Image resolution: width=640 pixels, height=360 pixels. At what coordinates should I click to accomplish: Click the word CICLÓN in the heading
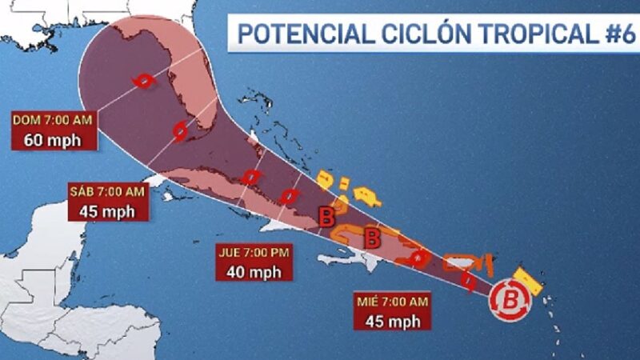pyautogui.click(x=400, y=34)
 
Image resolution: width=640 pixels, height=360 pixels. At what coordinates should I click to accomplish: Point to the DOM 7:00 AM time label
pyautogui.click(x=53, y=119)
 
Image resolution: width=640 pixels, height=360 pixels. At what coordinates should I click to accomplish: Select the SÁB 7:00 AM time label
pyautogui.click(x=107, y=191)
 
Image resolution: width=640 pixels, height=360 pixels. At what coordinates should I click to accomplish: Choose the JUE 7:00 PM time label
pyautogui.click(x=254, y=252)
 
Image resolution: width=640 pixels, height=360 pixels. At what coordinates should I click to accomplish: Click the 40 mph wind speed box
pyautogui.click(x=254, y=271)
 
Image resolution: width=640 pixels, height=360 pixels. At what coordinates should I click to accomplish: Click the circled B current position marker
pyautogui.click(x=510, y=301)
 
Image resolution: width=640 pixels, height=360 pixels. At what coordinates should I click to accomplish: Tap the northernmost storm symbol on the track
pyautogui.click(x=143, y=81)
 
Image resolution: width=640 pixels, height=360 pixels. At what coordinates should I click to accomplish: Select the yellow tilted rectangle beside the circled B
pyautogui.click(x=528, y=281)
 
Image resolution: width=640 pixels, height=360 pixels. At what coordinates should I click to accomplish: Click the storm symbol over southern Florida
pyautogui.click(x=182, y=130)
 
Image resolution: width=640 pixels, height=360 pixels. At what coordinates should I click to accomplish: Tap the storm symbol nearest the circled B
pyautogui.click(x=470, y=281)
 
